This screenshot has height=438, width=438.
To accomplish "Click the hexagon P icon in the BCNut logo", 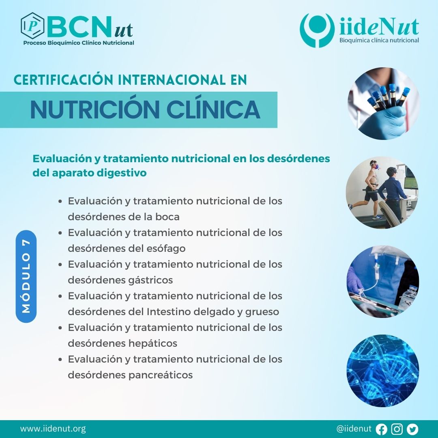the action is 32,26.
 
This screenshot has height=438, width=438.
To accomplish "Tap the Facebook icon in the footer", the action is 381,429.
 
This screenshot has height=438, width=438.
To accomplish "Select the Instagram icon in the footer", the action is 397,429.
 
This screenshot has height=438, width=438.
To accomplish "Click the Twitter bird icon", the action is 412,429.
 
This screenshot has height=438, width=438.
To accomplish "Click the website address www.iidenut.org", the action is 53,429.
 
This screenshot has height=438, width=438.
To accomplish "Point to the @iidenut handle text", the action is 354,429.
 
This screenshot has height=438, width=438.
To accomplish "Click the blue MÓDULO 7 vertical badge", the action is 26,277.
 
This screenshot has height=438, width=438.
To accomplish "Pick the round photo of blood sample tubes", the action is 383,103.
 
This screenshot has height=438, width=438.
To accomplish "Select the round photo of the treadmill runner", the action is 382,193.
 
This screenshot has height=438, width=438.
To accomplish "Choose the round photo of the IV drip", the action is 383,281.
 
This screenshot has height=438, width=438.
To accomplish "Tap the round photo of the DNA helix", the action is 383,371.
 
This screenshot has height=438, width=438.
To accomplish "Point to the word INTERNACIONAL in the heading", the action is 172,80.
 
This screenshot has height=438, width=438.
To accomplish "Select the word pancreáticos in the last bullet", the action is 161,375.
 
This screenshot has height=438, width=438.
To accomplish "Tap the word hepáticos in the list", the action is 153,344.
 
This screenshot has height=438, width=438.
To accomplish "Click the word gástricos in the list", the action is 150,280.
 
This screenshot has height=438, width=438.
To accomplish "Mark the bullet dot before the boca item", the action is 60,202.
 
